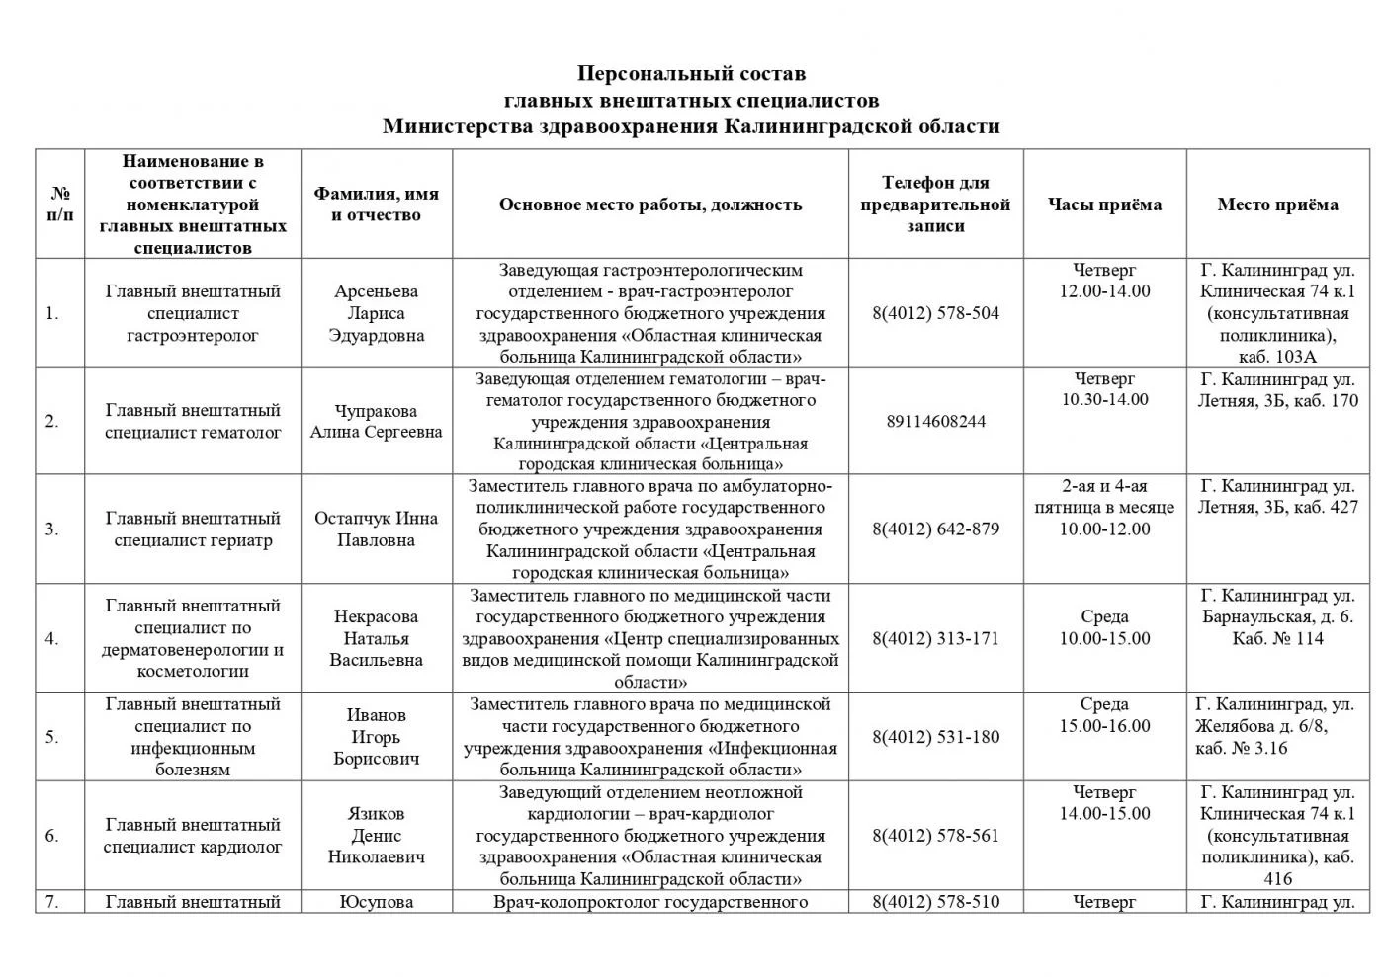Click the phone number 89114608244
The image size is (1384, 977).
coord(935,422)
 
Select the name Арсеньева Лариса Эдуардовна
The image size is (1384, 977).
coord(376,313)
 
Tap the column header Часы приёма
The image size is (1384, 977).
coord(1104,204)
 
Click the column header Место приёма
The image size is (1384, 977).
coord(1277,204)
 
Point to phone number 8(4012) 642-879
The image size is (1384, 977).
coord(935,529)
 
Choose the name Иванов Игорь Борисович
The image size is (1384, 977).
coord(376,737)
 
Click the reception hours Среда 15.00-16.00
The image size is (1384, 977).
coord(1104,715)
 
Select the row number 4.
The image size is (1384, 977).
coord(51,638)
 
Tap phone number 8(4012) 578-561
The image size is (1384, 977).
coord(935,836)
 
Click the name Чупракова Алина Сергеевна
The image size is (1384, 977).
coord(376,421)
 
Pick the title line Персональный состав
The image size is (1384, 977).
coord(691,74)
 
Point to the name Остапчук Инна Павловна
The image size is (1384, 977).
coord(376,529)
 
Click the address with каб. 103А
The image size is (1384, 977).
coord(1277,313)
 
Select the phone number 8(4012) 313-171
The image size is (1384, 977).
coord(935,638)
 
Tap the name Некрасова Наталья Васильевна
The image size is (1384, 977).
coord(376,638)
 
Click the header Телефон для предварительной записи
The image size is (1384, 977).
coord(935,204)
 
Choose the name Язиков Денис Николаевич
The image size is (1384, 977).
coord(376,836)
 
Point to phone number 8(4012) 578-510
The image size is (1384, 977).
coord(935,902)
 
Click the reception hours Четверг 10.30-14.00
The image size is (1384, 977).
coord(1104,389)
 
